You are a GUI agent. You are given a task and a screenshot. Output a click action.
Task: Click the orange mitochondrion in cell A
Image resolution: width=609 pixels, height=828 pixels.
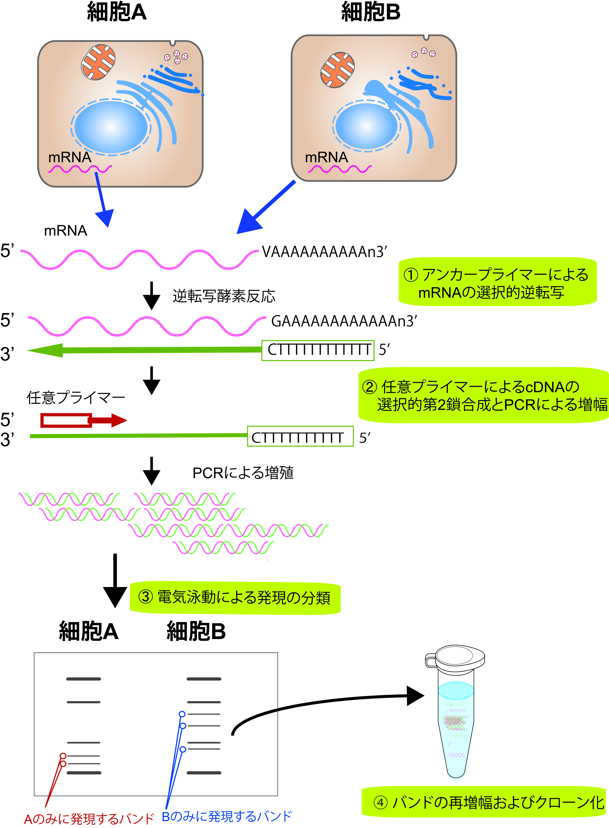98,62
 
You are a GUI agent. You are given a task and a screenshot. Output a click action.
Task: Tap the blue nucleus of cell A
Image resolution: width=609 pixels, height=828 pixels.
111,126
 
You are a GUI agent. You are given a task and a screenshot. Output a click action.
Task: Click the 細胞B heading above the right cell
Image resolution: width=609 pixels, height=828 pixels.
371,12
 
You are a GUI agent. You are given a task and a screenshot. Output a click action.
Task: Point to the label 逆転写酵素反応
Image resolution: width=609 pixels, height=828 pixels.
224,296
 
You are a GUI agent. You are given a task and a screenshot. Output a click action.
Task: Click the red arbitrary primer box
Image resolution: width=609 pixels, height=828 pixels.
66,420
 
